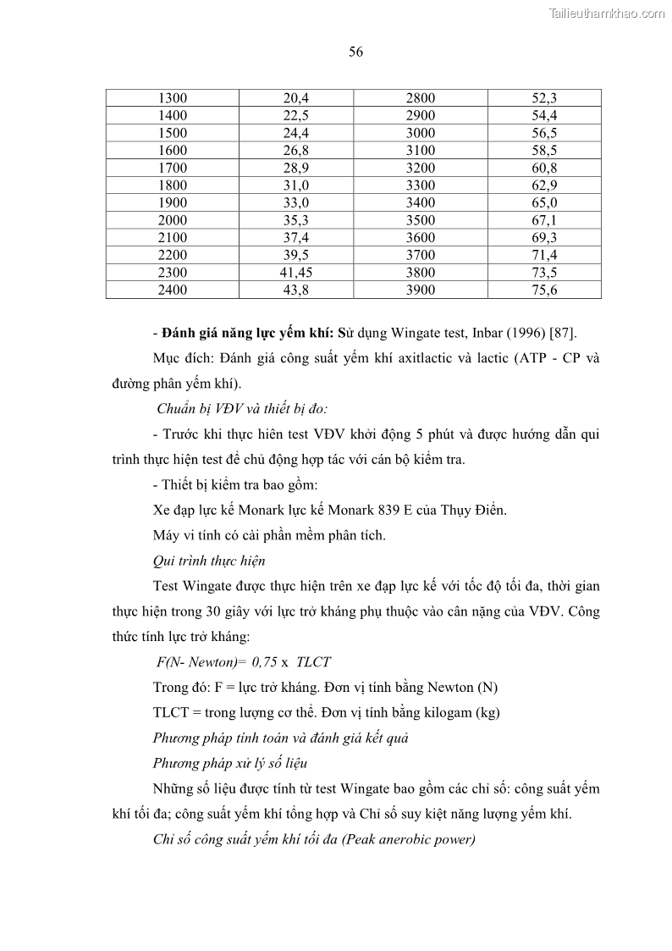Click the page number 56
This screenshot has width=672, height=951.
(x=355, y=53)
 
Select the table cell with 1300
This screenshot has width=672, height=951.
(x=173, y=98)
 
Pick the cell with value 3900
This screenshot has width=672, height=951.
(x=421, y=290)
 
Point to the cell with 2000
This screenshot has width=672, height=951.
(x=173, y=220)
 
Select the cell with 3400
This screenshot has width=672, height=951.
(x=421, y=203)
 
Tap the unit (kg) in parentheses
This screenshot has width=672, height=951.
(x=488, y=712)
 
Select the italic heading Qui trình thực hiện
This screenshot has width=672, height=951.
(x=209, y=561)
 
